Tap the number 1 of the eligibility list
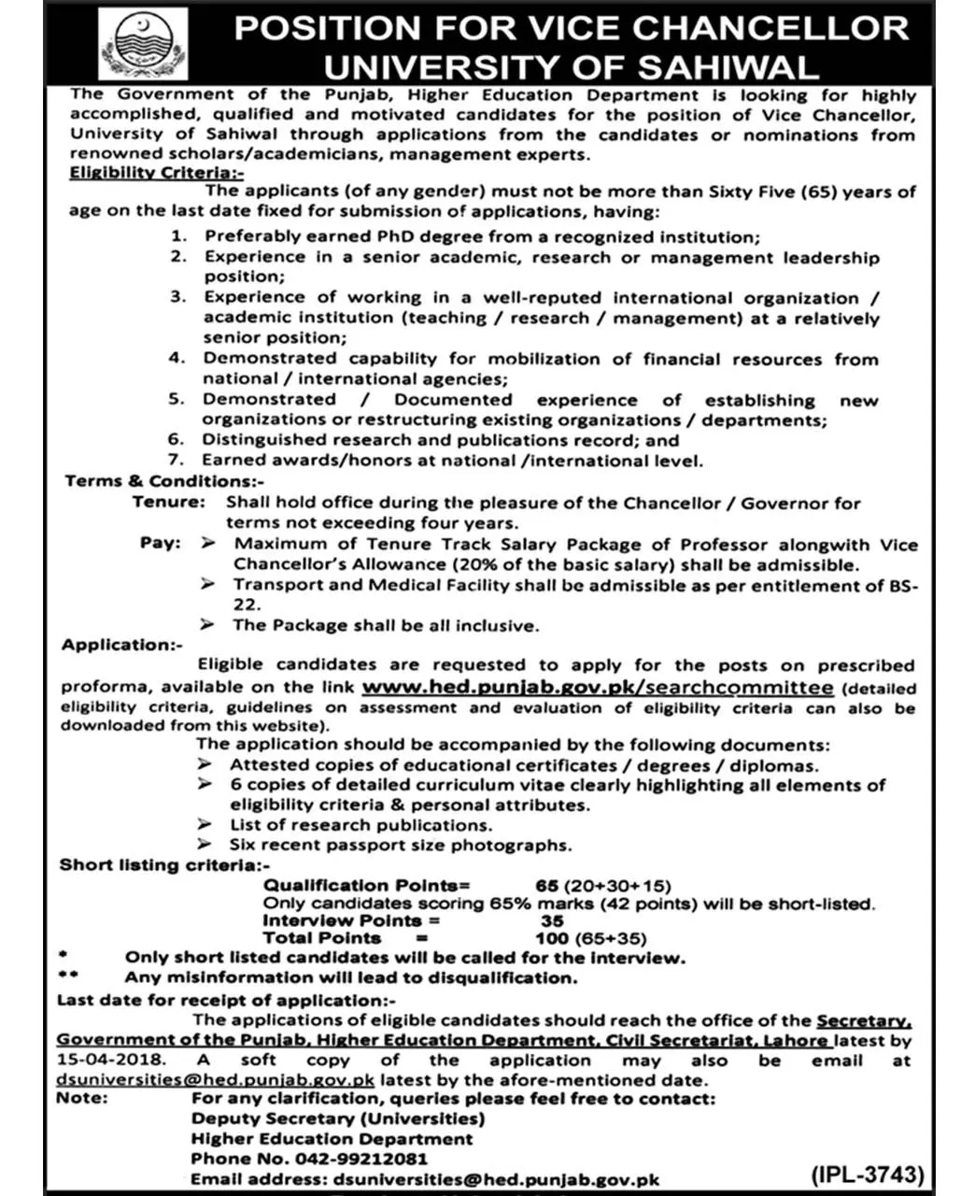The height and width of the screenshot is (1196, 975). pos(178,237)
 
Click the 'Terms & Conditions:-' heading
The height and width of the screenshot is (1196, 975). pos(158,481)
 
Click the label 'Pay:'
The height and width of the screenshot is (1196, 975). pos(161,544)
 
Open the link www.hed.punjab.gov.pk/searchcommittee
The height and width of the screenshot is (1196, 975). pos(598,687)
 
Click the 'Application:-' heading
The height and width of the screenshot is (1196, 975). pos(122,645)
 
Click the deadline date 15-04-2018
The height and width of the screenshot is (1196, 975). pos(110,1061)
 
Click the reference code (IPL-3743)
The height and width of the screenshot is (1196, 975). pos(866,1174)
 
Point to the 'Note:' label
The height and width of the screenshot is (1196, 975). pos(82,1098)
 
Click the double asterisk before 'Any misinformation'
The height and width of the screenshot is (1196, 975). pos(68,977)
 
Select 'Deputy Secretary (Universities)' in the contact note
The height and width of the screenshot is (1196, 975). pos(338,1118)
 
